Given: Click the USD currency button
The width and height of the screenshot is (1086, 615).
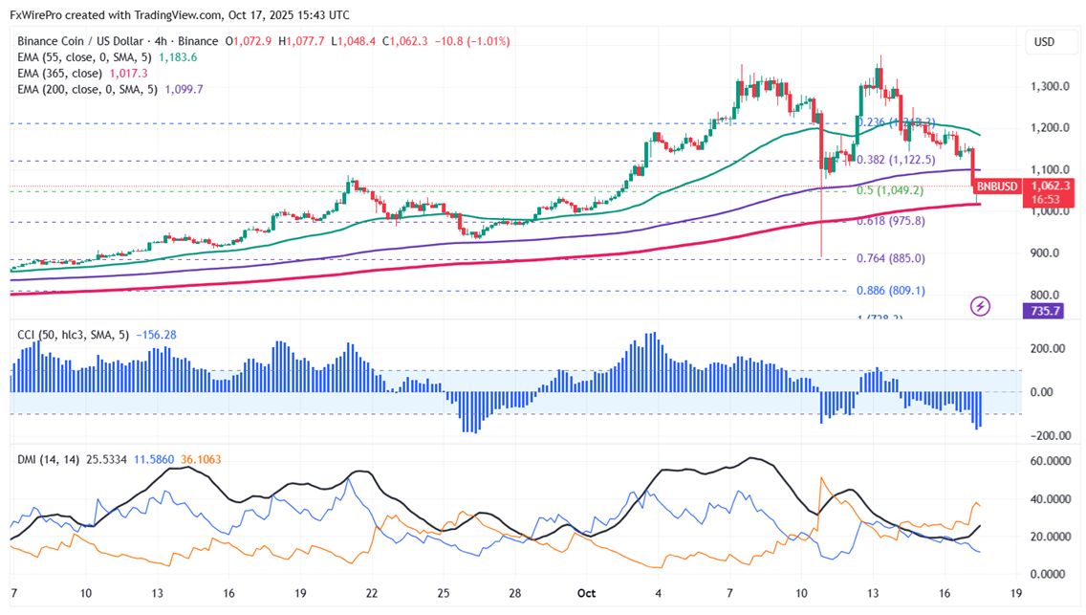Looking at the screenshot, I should coord(1044,42).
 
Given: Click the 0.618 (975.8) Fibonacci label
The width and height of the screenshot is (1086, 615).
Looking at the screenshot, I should coord(890,221).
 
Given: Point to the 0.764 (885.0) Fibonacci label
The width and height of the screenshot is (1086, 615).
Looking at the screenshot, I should coord(890,258).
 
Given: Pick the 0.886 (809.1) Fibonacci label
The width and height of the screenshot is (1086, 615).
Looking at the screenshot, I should coord(890,291).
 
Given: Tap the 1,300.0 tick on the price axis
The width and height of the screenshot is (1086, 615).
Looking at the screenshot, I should coord(1050,86).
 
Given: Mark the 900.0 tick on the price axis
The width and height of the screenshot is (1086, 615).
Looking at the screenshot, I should coord(1045,253).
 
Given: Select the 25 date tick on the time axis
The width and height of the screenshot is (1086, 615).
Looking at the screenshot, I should coord(444,593).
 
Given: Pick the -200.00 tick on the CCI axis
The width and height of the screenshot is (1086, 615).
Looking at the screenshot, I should coord(1048,436).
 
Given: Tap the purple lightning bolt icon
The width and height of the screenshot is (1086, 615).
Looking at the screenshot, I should coord(980,306).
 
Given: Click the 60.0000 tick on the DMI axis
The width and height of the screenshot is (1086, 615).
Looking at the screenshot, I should coord(1050,461).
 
